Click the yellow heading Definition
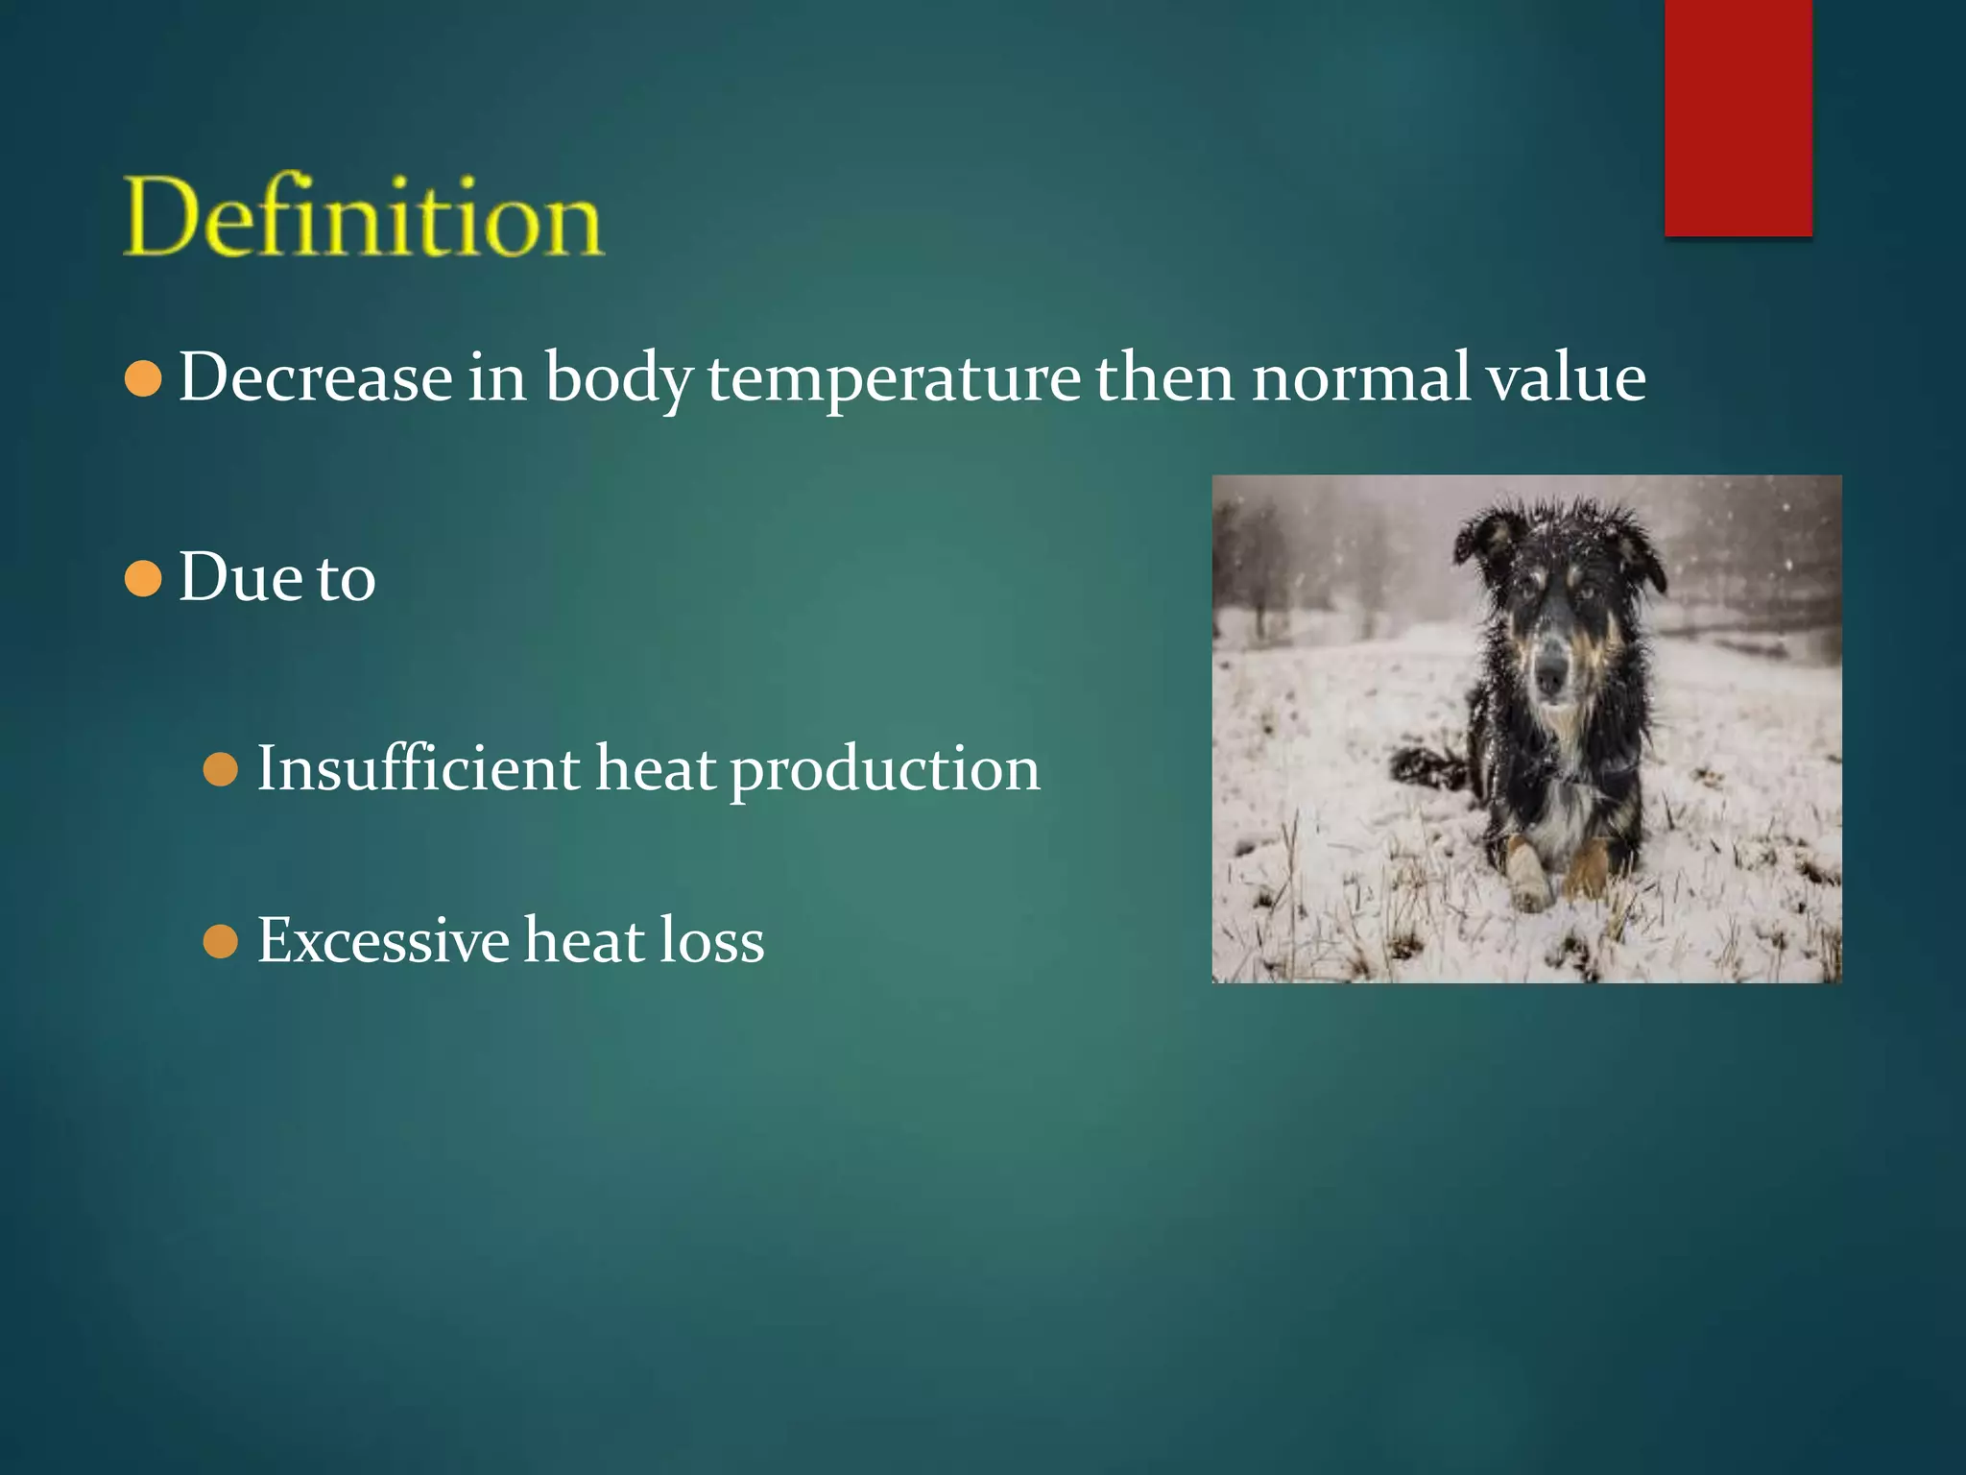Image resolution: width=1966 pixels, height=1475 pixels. click(364, 217)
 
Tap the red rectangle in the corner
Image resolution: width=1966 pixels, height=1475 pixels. click(1738, 117)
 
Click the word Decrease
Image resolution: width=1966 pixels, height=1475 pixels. click(315, 376)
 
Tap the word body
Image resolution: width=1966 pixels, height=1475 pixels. click(618, 378)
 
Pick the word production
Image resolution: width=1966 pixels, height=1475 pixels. click(884, 770)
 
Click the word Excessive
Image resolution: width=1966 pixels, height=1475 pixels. click(383, 940)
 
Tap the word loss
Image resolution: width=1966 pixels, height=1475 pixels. click(711, 940)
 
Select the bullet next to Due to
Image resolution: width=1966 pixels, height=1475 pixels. click(143, 579)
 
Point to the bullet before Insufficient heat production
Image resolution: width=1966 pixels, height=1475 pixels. click(221, 769)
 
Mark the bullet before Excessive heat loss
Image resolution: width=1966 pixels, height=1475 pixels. click(221, 941)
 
